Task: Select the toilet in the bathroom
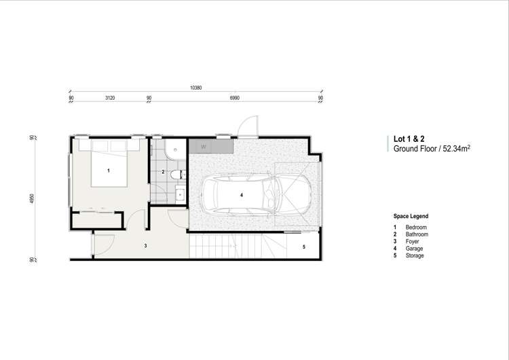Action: pos(176,175)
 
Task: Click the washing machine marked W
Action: pos(203,146)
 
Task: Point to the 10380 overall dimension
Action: pos(196,88)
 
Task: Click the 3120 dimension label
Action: pos(110,98)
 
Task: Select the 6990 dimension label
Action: pos(235,98)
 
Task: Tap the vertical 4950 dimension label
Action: pos(32,198)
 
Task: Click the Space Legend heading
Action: pos(411,217)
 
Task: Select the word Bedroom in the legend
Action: pos(417,227)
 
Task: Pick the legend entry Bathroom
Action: pos(417,234)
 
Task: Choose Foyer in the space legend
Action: pos(413,242)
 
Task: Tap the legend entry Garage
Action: pos(415,249)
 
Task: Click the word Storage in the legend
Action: pos(415,256)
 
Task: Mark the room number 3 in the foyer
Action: pos(145,245)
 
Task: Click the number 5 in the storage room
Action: pos(303,247)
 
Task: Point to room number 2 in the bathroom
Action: pos(163,173)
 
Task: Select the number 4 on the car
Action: pos(241,195)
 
